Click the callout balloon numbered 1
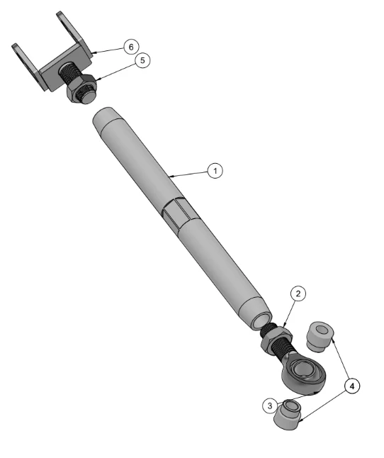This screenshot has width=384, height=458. click(215, 171)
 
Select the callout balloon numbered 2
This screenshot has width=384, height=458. click(298, 294)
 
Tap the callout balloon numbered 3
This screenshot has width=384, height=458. click(270, 406)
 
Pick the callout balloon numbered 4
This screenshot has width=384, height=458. click(352, 386)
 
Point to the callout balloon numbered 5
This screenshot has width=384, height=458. click(142, 60)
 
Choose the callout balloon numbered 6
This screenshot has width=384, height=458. click(131, 47)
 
